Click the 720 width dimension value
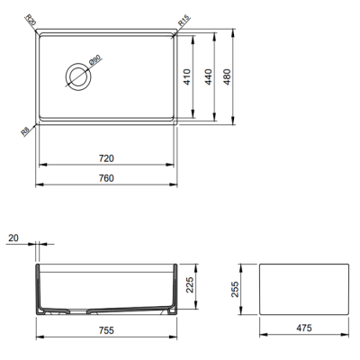pyautogui.click(x=106, y=158)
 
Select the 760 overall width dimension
pyautogui.click(x=106, y=177)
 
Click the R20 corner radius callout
pyautogui.click(x=30, y=19)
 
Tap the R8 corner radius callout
pyautogui.click(x=27, y=131)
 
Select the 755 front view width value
pyautogui.click(x=105, y=328)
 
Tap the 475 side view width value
pyautogui.click(x=303, y=328)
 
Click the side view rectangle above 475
pyautogui.click(x=303, y=289)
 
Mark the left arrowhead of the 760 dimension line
pyautogui.click(x=38, y=185)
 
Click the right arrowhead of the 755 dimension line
pyautogui.click(x=174, y=337)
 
